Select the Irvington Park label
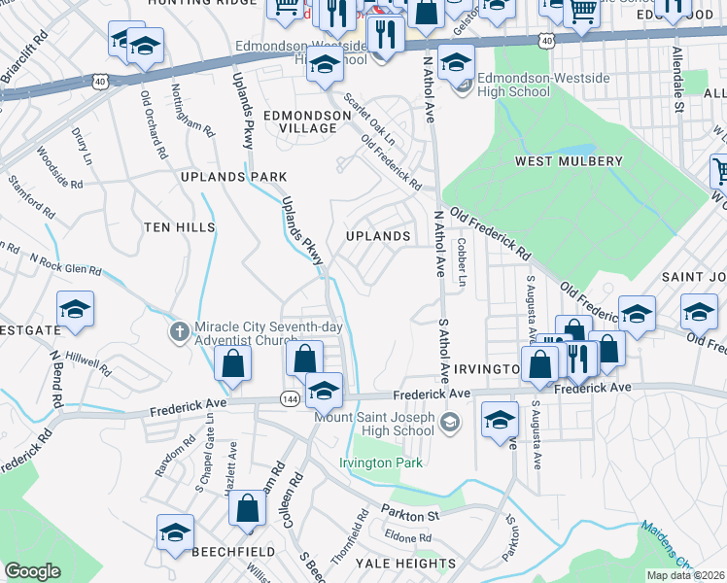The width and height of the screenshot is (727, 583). [381, 463]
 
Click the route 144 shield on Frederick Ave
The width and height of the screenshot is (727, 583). [290, 398]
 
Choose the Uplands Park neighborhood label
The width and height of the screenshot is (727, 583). [233, 177]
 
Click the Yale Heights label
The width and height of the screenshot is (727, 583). [406, 563]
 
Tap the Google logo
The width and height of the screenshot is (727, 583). [32, 570]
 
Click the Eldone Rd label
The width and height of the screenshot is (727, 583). [407, 537]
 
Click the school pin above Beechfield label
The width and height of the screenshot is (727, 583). [176, 532]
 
